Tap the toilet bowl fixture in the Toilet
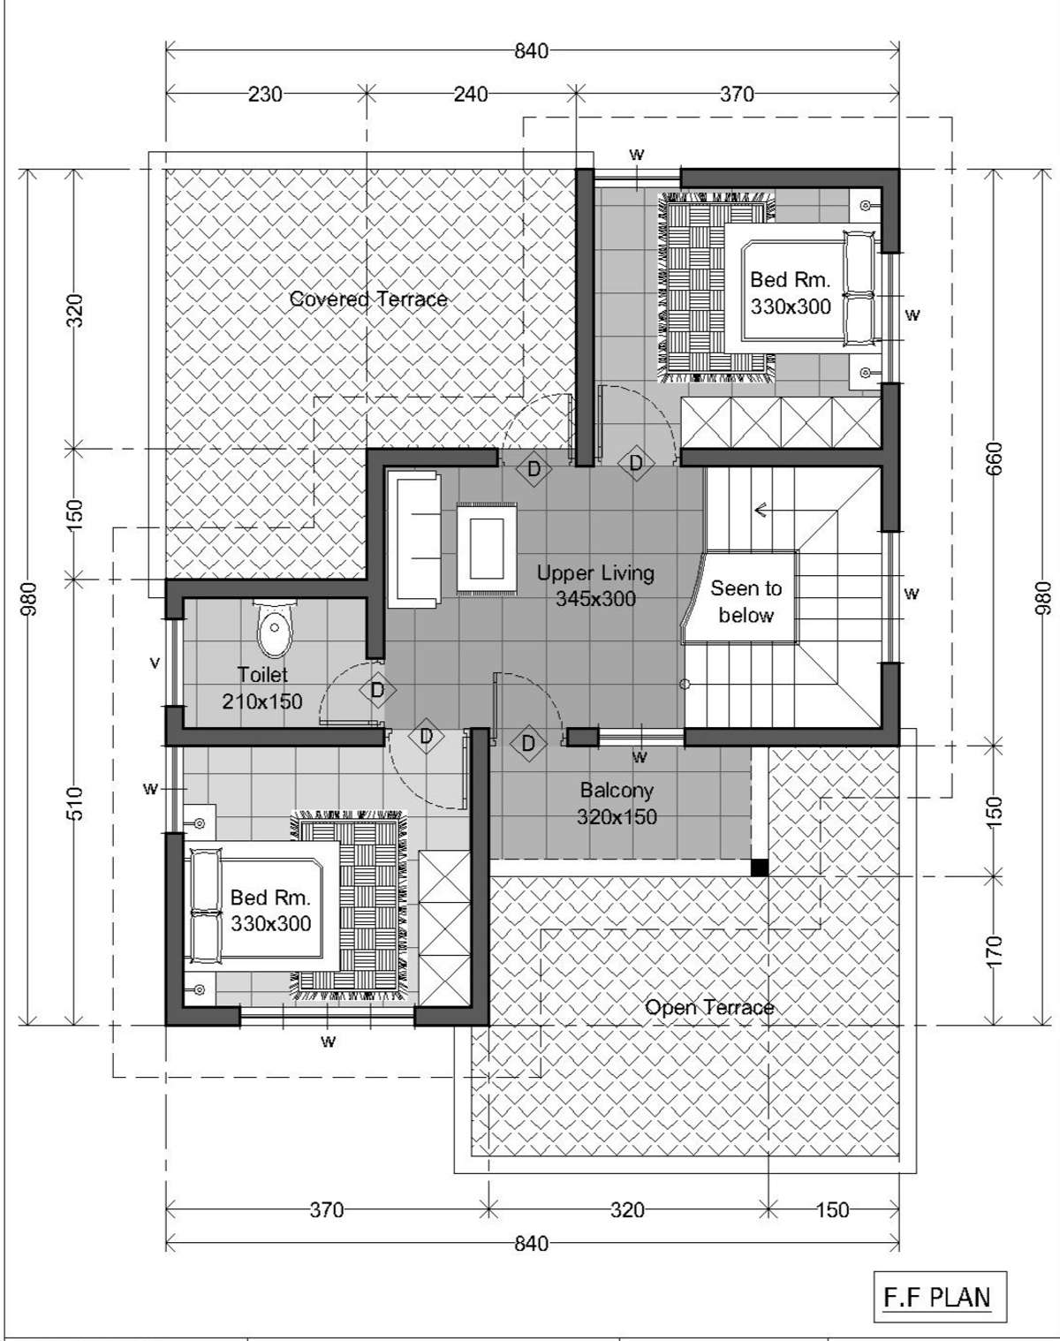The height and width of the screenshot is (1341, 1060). [x=274, y=627]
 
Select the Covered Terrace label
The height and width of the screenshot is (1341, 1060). [x=368, y=299]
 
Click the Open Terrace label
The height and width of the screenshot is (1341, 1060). [x=709, y=1008]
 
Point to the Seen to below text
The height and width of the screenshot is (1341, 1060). [x=746, y=602]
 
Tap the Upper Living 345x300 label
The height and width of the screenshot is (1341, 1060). [x=595, y=586]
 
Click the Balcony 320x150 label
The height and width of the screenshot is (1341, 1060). [x=617, y=803]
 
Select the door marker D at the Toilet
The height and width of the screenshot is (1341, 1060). [x=378, y=690]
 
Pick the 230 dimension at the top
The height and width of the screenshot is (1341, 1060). [x=266, y=95]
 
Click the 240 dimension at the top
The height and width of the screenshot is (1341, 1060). [x=471, y=95]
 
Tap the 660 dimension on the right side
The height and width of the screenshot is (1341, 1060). [x=995, y=458]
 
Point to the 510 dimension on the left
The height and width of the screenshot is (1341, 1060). [x=74, y=803]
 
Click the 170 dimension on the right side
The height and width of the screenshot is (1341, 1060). [x=995, y=951]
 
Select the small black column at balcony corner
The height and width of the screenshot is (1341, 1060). [x=759, y=867]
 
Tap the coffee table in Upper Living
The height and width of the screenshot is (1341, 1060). [x=487, y=548]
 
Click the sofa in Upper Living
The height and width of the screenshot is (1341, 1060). [x=413, y=540]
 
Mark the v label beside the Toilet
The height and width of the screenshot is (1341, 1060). [x=155, y=663]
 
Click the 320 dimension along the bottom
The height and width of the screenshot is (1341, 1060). [x=627, y=1210]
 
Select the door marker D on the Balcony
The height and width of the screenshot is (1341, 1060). [x=528, y=744]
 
